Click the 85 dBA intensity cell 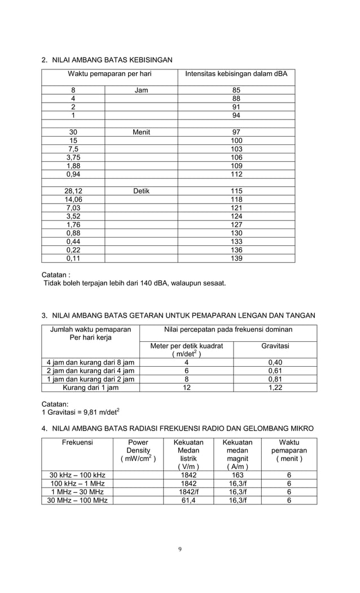click(236, 90)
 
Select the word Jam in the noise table click(141, 90)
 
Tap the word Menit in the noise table click(141, 132)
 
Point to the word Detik click(141, 191)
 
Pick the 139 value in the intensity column click(236, 258)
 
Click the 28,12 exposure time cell click(73, 191)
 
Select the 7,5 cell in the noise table click(73, 149)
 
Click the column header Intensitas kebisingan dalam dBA click(236, 74)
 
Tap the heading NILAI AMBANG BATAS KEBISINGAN click(112, 59)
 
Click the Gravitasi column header click(275, 345)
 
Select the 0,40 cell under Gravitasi click(275, 362)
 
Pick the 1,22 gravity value click(275, 387)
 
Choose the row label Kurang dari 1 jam click(90, 387)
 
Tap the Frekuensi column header click(77, 443)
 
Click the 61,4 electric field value click(188, 500)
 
